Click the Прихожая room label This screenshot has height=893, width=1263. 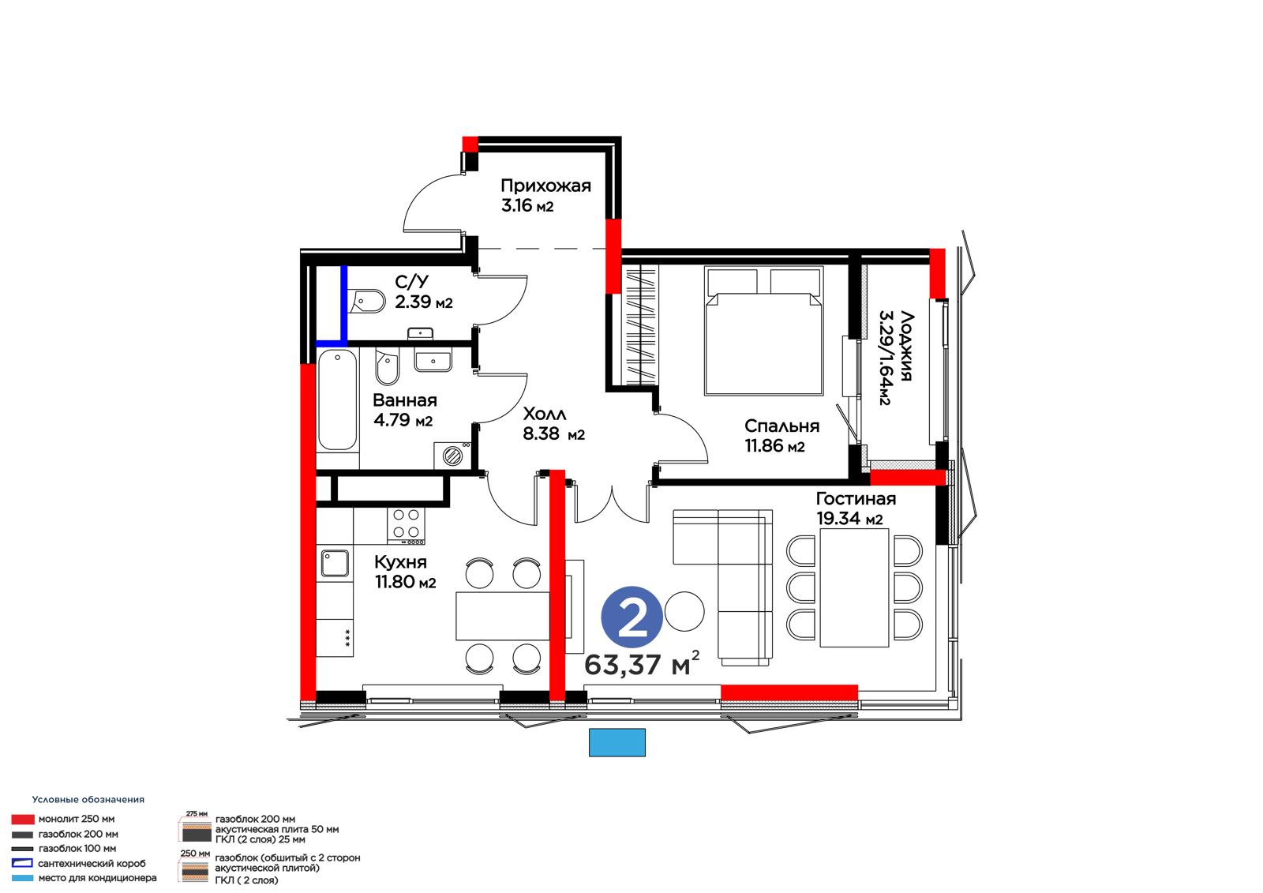tap(545, 186)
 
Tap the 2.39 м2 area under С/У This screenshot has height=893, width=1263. tap(423, 302)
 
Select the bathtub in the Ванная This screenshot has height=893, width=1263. tap(337, 400)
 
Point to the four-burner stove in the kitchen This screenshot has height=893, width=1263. tap(406, 526)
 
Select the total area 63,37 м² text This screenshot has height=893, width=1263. tap(642, 663)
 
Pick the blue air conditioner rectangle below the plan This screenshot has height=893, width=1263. tap(617, 742)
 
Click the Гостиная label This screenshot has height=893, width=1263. tap(856, 499)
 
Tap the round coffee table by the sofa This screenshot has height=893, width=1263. tap(684, 611)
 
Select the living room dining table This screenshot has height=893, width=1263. tap(854, 587)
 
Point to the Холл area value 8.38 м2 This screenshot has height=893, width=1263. tap(553, 433)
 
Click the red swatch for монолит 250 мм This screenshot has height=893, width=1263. tap(23, 819)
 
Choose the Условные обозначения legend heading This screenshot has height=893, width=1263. tap(88, 799)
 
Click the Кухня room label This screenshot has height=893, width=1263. tap(400, 562)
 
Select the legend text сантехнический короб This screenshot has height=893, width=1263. tap(92, 863)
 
